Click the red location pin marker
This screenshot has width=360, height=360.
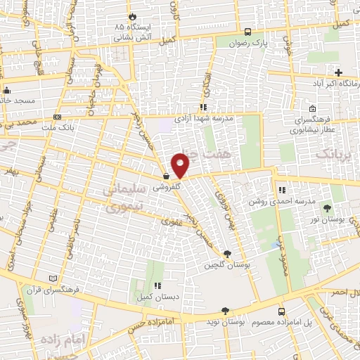[x=181, y=165]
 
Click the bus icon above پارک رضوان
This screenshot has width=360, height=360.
[x=247, y=32]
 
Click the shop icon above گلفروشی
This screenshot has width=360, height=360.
[x=166, y=177]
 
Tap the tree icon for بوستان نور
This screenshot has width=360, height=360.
[x=327, y=208]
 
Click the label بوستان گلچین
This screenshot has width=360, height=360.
[x=224, y=265]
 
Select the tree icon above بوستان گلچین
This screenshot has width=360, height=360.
[x=226, y=254]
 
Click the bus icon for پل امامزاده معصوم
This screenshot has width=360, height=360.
[x=281, y=311]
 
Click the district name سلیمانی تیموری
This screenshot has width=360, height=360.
[x=124, y=199]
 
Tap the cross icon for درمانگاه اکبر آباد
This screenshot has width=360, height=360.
[x=338, y=72]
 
